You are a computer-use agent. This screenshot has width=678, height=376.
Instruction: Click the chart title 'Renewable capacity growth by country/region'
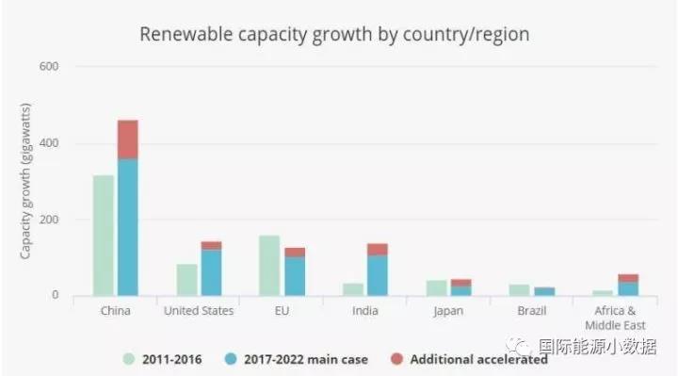334,34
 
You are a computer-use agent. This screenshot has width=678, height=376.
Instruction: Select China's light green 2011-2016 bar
104,236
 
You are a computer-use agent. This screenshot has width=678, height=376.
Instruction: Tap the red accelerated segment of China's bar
128,139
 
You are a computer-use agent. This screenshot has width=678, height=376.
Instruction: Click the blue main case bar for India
378,275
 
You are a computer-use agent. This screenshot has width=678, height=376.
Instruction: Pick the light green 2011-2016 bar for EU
269,266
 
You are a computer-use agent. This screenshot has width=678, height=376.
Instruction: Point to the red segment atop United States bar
212,246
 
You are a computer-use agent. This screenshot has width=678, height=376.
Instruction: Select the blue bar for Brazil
544,291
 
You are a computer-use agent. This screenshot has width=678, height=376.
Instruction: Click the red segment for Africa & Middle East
628,278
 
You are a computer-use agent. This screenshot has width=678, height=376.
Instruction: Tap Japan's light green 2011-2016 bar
436,288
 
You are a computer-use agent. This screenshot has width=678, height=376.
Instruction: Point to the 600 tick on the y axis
49,66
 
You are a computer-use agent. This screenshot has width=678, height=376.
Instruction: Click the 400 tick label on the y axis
49,143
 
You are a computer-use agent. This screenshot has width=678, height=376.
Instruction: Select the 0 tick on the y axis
55,295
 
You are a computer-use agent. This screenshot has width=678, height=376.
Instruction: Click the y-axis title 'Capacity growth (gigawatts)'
26,181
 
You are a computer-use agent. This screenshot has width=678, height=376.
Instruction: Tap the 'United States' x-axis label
199,311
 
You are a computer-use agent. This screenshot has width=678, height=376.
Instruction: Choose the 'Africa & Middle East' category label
615,318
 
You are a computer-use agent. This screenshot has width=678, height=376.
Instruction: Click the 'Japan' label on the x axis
448,311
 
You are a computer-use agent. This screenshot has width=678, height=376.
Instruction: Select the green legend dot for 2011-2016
129,359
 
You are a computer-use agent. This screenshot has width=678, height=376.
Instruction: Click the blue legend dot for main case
231,359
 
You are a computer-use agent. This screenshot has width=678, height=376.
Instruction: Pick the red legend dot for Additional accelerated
396,359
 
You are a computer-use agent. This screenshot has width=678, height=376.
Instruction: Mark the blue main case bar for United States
212,273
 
